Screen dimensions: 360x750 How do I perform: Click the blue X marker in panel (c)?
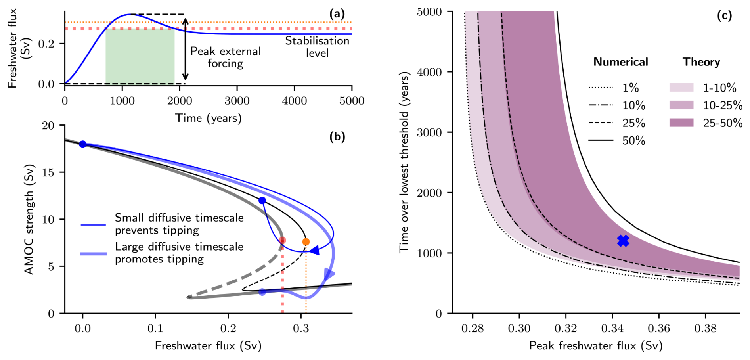(623, 241)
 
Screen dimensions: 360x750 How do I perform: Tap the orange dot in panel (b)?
(306, 242)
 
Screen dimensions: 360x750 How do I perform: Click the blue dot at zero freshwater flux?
(82, 144)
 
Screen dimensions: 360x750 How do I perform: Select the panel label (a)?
(337, 14)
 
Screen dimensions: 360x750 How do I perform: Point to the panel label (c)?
(724, 15)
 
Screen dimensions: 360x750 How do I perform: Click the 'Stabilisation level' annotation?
(317, 47)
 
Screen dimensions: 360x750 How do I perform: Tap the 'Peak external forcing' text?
(226, 57)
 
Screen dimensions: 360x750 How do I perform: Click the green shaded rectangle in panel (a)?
(140, 56)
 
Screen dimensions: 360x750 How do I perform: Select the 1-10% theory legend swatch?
(681, 88)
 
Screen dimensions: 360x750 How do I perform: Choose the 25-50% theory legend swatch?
(681, 123)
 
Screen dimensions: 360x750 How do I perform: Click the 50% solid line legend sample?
(601, 140)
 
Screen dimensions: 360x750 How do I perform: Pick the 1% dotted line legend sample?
(601, 88)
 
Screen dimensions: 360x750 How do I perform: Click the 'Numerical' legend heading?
(620, 62)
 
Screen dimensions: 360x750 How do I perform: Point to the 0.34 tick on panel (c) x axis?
(612, 328)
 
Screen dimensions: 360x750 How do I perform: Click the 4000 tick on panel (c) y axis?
(429, 72)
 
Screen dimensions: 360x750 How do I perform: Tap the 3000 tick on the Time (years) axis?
(237, 101)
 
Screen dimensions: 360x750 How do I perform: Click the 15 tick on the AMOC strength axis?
(48, 172)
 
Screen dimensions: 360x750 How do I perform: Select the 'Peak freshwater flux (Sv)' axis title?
(595, 346)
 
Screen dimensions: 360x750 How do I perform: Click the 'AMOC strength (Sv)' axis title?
(29, 219)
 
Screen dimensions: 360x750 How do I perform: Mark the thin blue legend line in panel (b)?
(93, 225)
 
